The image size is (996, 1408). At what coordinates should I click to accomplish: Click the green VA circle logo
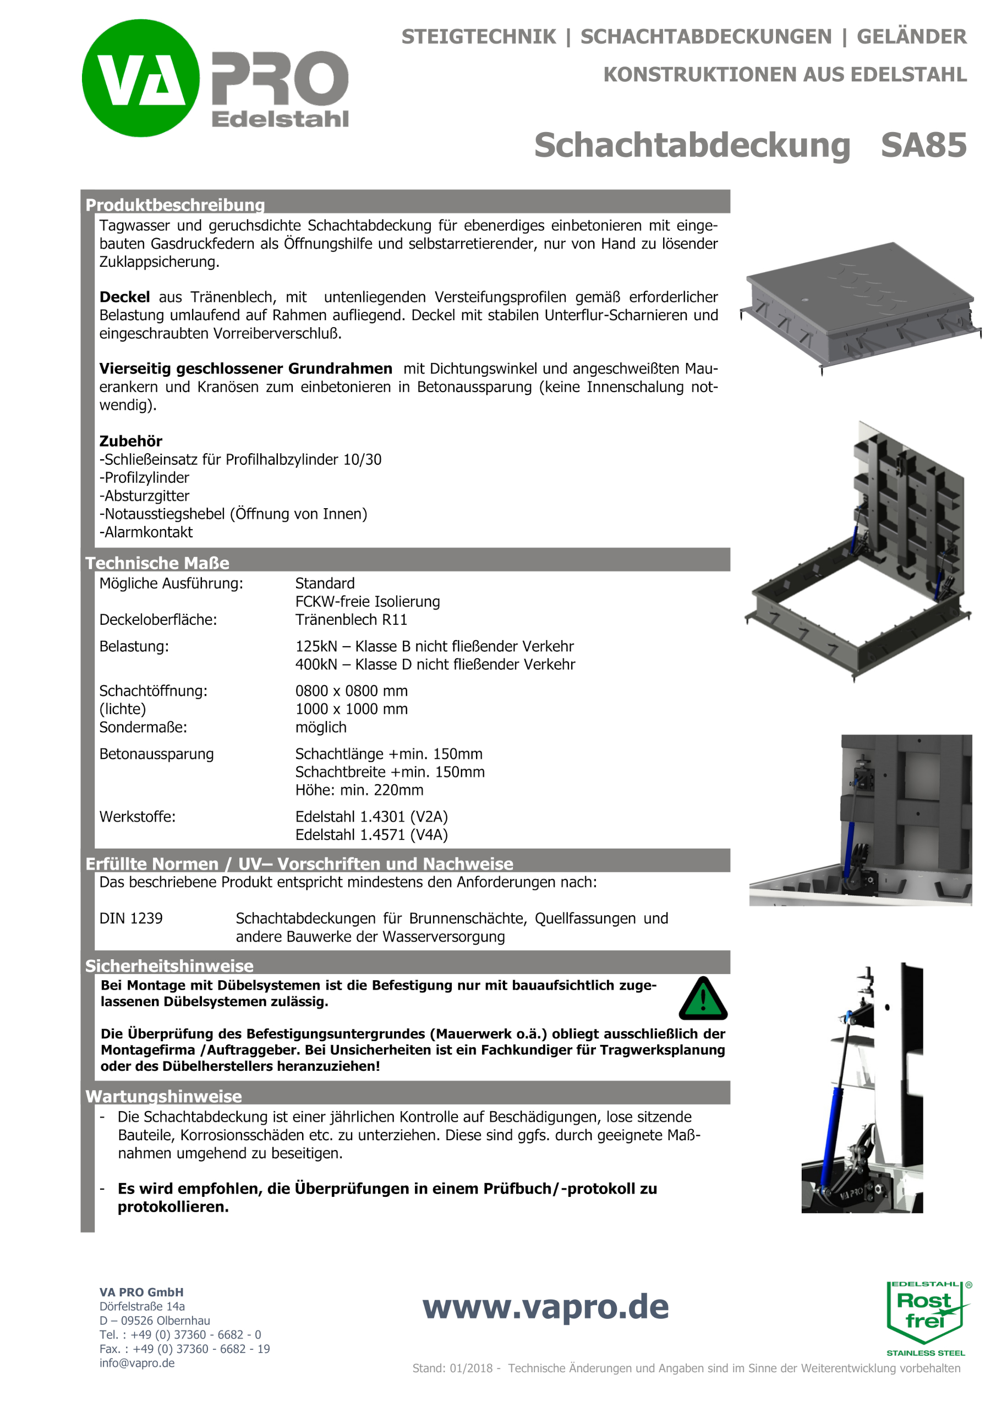pyautogui.click(x=140, y=78)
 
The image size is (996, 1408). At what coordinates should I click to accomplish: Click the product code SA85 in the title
pyautogui.click(x=923, y=145)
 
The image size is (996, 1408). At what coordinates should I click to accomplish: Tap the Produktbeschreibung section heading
pyautogui.click(x=175, y=204)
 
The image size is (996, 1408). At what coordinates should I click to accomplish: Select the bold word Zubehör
pyautogui.click(x=131, y=441)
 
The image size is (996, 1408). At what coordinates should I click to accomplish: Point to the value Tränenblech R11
pyautogui.click(x=351, y=619)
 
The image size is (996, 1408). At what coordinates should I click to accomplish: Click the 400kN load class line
pyautogui.click(x=435, y=664)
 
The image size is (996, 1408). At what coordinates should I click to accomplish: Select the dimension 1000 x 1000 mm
pyautogui.click(x=351, y=709)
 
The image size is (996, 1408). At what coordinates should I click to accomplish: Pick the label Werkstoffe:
pyautogui.click(x=138, y=816)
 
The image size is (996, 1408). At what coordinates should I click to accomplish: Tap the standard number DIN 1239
pyautogui.click(x=131, y=918)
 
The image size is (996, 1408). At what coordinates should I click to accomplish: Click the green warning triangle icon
pyautogui.click(x=703, y=999)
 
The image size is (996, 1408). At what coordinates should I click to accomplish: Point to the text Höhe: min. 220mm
pyautogui.click(x=359, y=790)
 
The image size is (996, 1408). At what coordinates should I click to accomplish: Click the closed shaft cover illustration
pyautogui.click(x=859, y=306)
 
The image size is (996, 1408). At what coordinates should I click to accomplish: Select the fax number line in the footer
pyautogui.click(x=184, y=1349)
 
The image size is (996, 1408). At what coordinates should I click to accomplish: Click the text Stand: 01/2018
pyautogui.click(x=452, y=1368)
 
